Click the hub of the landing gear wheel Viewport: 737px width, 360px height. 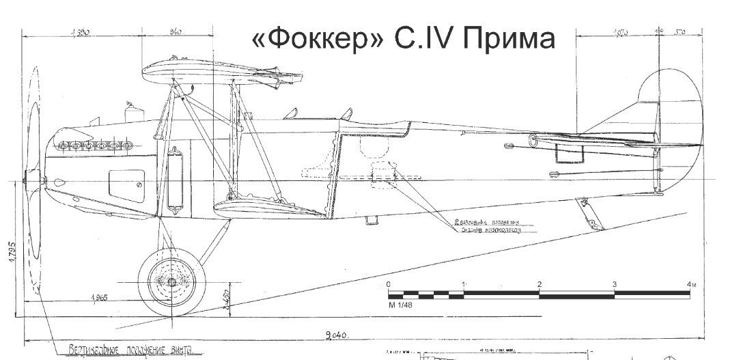171,281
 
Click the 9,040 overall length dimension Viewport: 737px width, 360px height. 337,335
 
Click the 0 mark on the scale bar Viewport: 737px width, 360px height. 389,284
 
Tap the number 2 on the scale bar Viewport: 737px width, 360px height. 540,284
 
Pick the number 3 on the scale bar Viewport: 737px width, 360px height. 615,284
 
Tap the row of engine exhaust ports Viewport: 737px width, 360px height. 94,145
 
